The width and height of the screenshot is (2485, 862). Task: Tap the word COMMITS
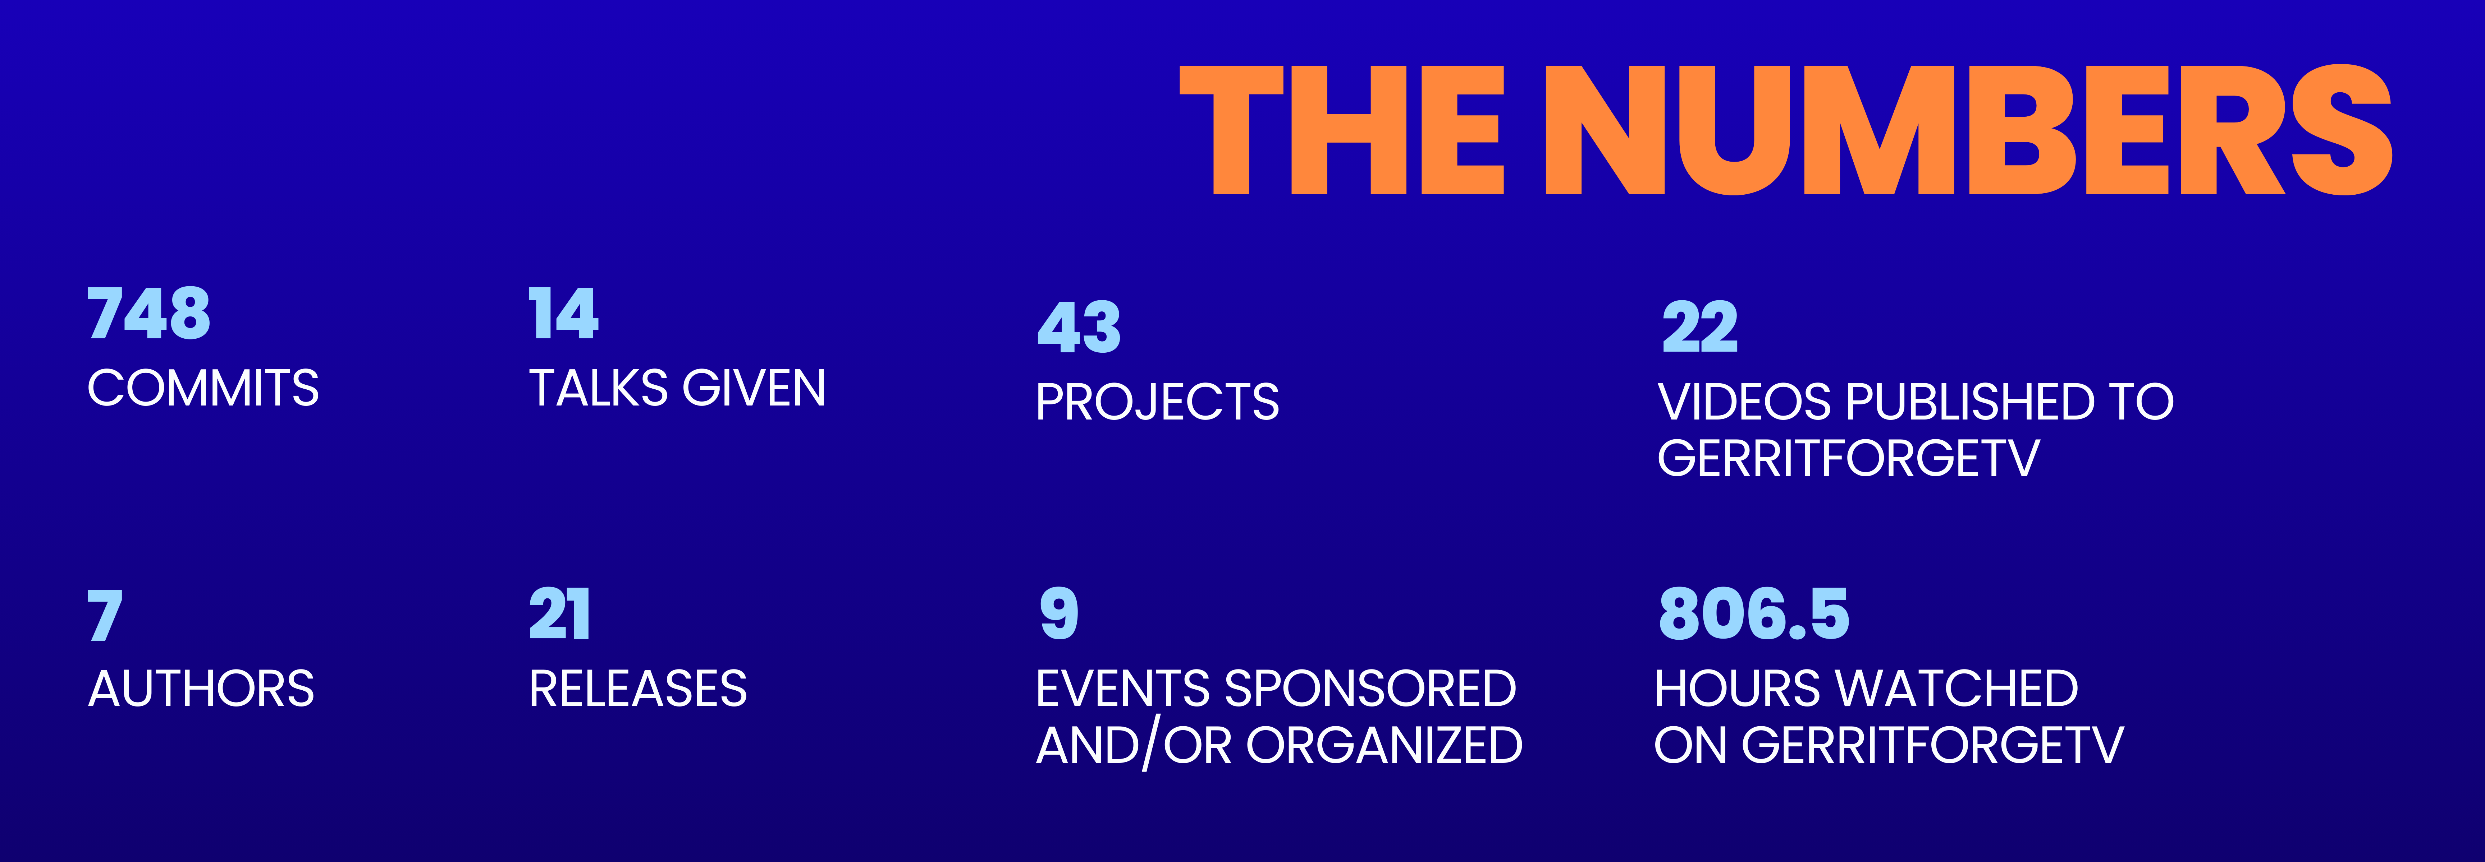(x=202, y=389)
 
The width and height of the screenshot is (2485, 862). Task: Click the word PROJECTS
(x=1158, y=402)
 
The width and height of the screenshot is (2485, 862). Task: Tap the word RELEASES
(x=638, y=689)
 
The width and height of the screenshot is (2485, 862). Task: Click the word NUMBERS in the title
(x=1968, y=129)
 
